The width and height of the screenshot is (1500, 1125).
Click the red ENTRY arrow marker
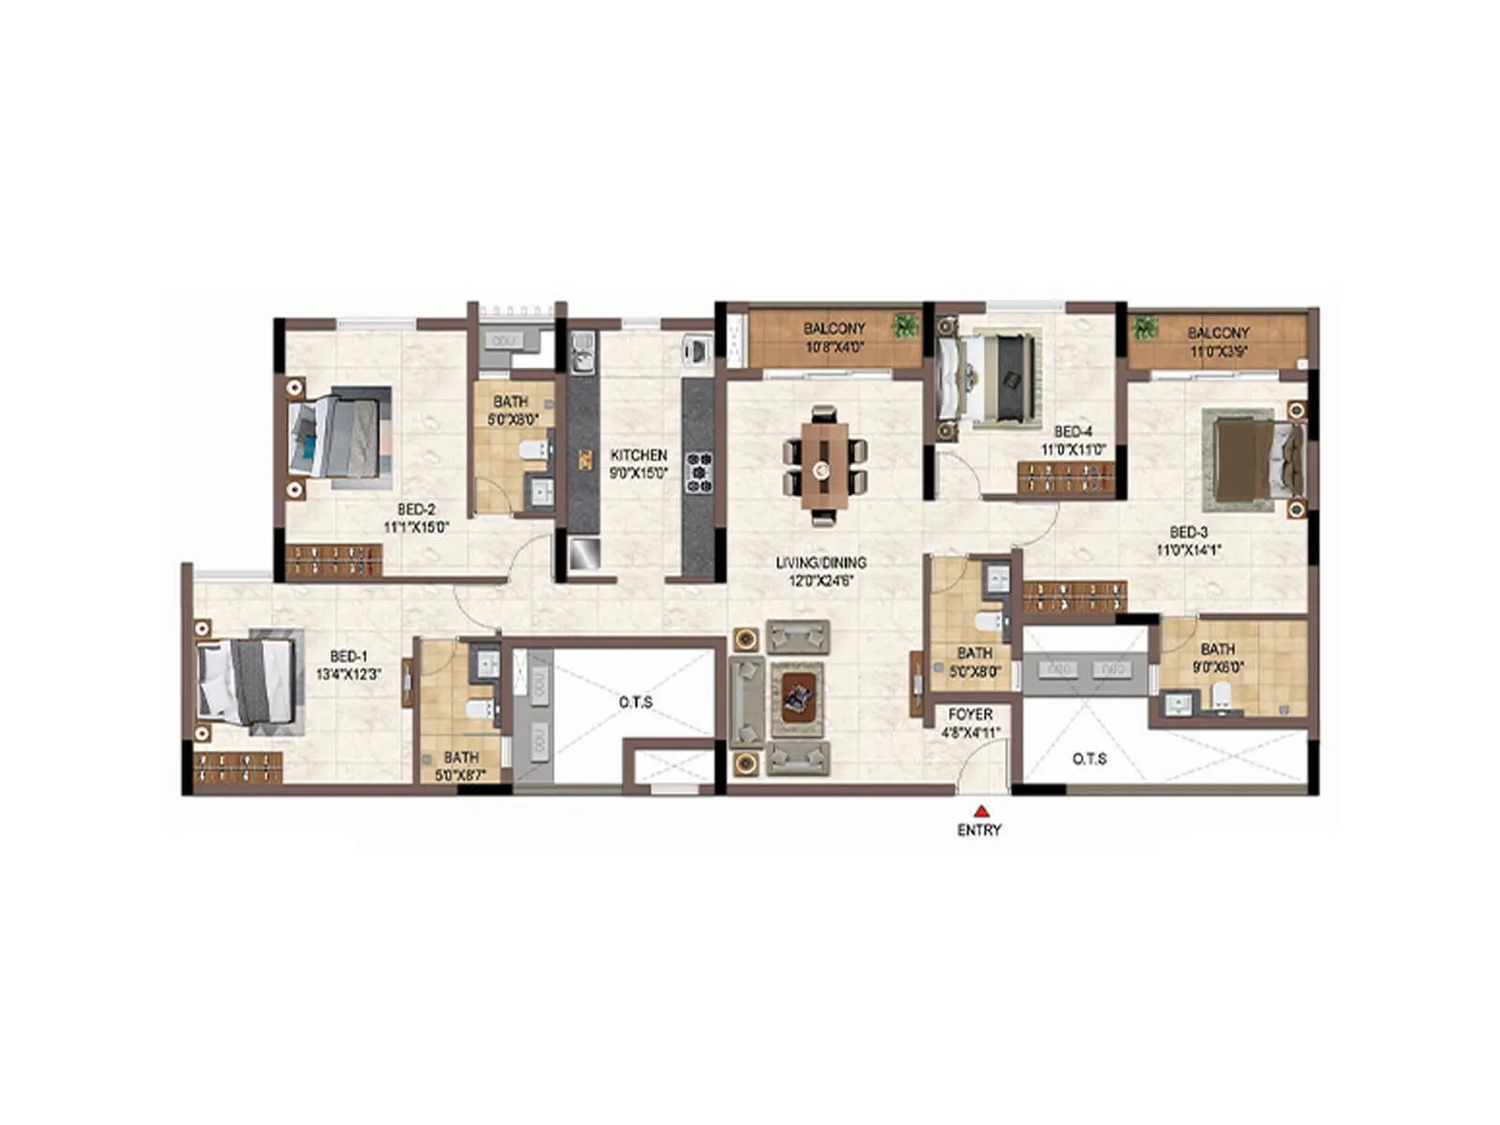[x=981, y=811]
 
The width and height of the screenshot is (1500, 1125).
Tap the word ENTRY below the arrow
[x=979, y=830]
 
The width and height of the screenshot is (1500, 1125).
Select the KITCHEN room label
[x=638, y=455]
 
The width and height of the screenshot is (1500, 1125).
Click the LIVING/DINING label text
[x=820, y=562]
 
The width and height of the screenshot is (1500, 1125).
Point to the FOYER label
[x=970, y=714]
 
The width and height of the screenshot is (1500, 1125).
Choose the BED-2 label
[x=416, y=510]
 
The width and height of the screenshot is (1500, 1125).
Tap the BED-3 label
[x=1189, y=532]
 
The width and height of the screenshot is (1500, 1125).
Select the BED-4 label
[x=1073, y=431]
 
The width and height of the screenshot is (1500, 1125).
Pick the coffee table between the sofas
[x=797, y=697]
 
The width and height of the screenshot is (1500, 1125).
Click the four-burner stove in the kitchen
[x=699, y=472]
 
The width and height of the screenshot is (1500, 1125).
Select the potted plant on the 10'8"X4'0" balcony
[x=905, y=325]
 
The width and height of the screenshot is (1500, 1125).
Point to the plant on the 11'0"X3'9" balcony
[x=1144, y=328]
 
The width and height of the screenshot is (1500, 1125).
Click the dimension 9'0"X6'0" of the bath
[x=1218, y=667]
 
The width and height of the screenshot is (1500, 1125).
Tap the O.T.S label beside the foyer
[x=1089, y=758]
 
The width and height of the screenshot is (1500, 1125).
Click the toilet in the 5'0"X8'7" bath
[x=482, y=710]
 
